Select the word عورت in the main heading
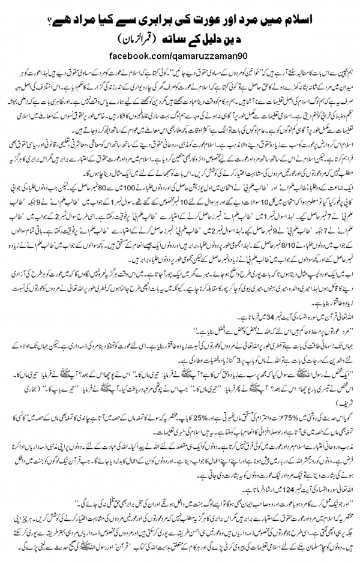pos(193,13)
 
